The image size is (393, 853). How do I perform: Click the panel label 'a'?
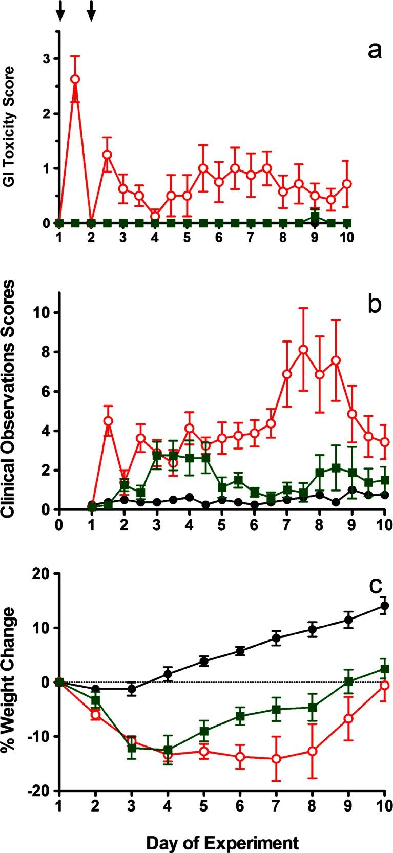374,51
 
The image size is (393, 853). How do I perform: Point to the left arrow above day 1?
60,11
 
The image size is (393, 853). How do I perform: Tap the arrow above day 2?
91,11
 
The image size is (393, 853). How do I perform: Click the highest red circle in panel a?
75,79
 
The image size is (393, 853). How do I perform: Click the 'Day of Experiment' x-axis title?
222,842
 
